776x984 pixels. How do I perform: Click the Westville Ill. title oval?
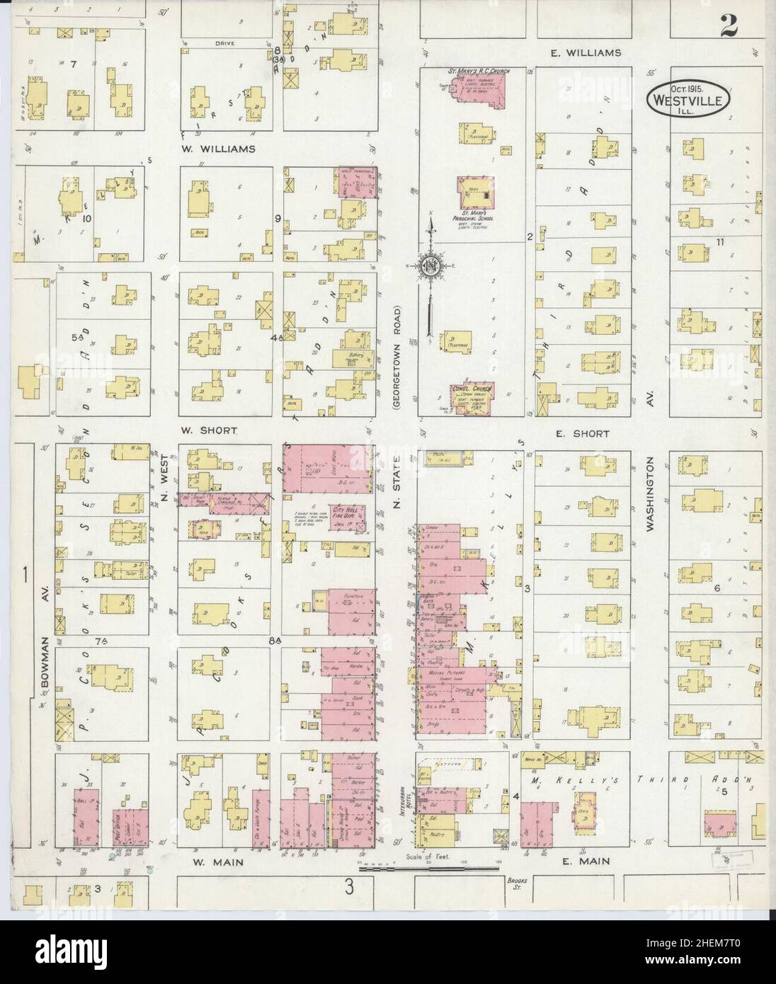[x=686, y=101]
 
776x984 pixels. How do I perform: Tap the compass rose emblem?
[x=430, y=265]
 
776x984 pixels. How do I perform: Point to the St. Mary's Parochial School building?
[x=475, y=193]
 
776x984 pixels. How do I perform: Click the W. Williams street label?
[x=207, y=149]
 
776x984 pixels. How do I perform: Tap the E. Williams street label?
[x=586, y=53]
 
